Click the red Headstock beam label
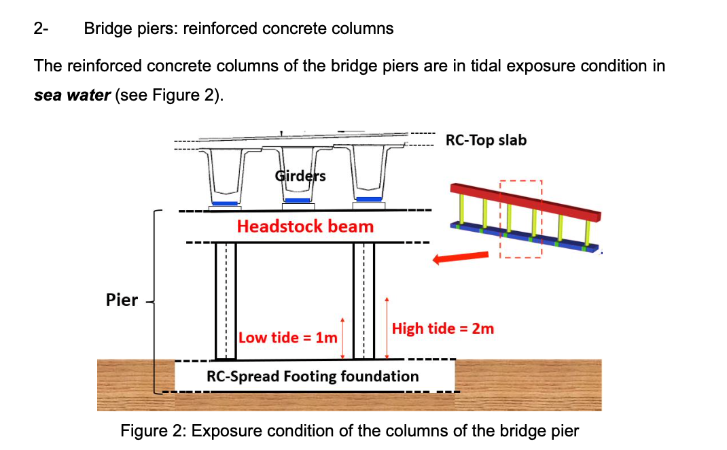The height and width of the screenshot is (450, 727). point(305,226)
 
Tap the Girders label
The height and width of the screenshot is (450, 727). point(300,176)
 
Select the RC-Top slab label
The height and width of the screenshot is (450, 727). point(486,140)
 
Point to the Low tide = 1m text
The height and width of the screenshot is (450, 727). point(288,338)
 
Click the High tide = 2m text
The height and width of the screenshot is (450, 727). point(443,328)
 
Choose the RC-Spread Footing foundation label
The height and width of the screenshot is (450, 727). point(313,376)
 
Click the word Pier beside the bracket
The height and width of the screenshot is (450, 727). point(122,300)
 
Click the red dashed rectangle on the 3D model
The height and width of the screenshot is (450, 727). point(521,218)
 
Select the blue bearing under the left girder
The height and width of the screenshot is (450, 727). point(225,203)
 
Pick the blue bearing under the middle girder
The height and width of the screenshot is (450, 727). point(297,201)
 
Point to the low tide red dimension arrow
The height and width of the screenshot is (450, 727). point(342,338)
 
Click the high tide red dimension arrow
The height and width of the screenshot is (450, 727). point(387,328)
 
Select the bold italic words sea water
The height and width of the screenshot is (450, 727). point(72,95)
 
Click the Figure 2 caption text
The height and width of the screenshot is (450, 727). point(349,431)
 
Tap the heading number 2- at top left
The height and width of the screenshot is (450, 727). point(41,29)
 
